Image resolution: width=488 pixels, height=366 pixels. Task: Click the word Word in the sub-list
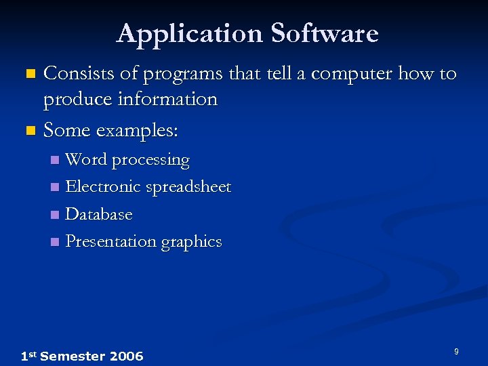coord(86,160)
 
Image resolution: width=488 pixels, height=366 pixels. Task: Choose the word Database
coord(99,214)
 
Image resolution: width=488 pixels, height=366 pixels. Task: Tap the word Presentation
coord(111,241)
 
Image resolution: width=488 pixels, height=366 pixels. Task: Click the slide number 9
coord(456,351)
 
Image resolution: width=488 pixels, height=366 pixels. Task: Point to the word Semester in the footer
coord(72,357)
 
